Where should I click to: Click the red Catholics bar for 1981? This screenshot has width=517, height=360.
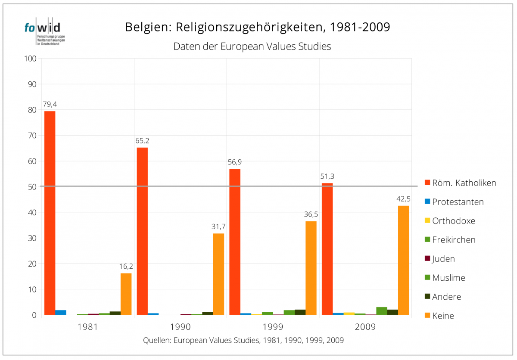click(50, 213)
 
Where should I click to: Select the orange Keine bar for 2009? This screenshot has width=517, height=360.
click(403, 260)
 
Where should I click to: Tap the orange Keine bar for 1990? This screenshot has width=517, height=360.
click(218, 274)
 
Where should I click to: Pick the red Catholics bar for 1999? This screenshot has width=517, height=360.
click(235, 242)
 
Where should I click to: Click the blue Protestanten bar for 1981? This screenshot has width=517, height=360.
click(61, 312)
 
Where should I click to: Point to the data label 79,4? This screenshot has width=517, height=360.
click(50, 104)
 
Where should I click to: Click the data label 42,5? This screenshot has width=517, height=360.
click(403, 199)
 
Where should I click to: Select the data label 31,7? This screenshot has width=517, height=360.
click(218, 227)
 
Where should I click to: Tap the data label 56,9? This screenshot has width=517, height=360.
click(235, 162)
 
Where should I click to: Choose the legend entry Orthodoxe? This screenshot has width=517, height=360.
click(453, 221)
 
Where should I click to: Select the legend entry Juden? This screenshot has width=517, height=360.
click(443, 259)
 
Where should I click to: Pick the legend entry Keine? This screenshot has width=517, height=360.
click(443, 316)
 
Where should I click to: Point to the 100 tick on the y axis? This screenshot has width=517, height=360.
click(31, 59)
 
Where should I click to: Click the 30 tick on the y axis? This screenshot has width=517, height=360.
click(33, 238)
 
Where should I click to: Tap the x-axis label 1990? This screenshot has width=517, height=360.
click(181, 327)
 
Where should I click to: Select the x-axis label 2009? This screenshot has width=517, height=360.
click(365, 327)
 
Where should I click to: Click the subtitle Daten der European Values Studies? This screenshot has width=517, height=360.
click(252, 47)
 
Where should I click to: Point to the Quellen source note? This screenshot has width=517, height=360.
click(243, 340)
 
